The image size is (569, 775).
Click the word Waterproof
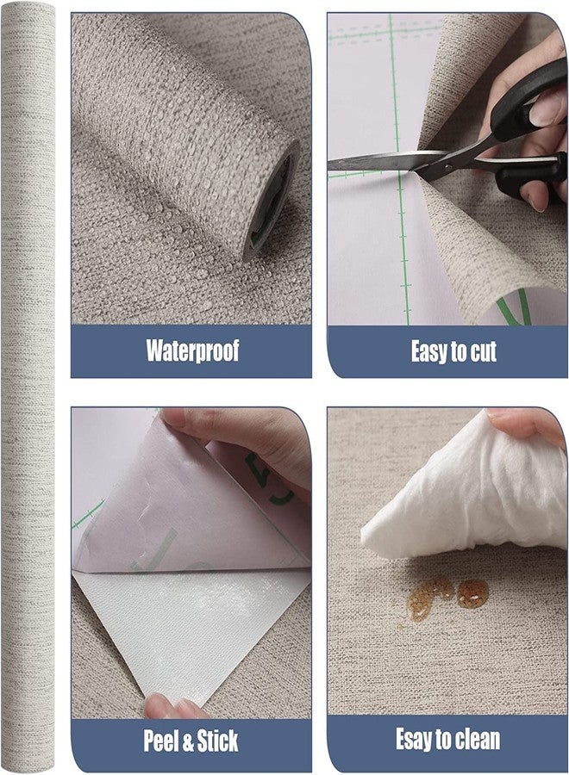coord(192,350)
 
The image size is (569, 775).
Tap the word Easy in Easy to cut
coord(428,351)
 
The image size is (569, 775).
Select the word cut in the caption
coord(483,351)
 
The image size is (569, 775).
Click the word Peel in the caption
coord(161,741)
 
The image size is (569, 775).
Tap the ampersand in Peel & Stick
coord(188,741)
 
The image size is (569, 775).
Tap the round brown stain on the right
coord(472,593)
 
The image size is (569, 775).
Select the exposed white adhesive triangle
coord(188,633)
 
